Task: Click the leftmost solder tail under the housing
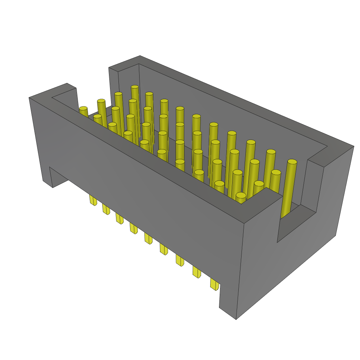[x=93, y=200]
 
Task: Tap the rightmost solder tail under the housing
[x=214, y=284]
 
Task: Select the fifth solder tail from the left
[x=148, y=239]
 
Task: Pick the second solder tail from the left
[x=106, y=210]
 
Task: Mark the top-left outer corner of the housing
[x=29, y=98]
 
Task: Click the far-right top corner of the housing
[x=354, y=146]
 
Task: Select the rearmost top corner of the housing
[x=140, y=56]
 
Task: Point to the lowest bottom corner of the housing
[x=236, y=319]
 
